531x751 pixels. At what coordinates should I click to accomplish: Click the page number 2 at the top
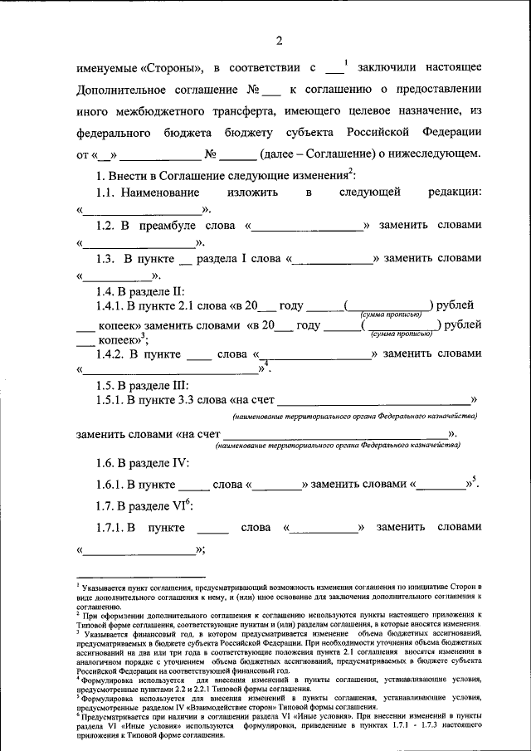click(x=279, y=41)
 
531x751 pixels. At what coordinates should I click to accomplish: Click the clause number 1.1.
click(x=107, y=193)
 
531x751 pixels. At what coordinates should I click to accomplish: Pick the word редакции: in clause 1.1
click(x=453, y=193)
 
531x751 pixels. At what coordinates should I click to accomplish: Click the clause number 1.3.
click(x=107, y=259)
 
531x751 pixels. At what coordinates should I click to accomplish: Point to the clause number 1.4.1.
click(x=112, y=305)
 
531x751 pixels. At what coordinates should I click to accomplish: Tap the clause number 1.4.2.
click(x=112, y=354)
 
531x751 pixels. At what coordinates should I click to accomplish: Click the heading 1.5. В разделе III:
click(x=143, y=385)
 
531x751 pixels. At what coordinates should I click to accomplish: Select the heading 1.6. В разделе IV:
click(x=143, y=463)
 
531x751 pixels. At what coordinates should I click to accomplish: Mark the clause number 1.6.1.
click(x=112, y=485)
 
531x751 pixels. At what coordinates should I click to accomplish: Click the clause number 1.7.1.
click(x=112, y=528)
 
